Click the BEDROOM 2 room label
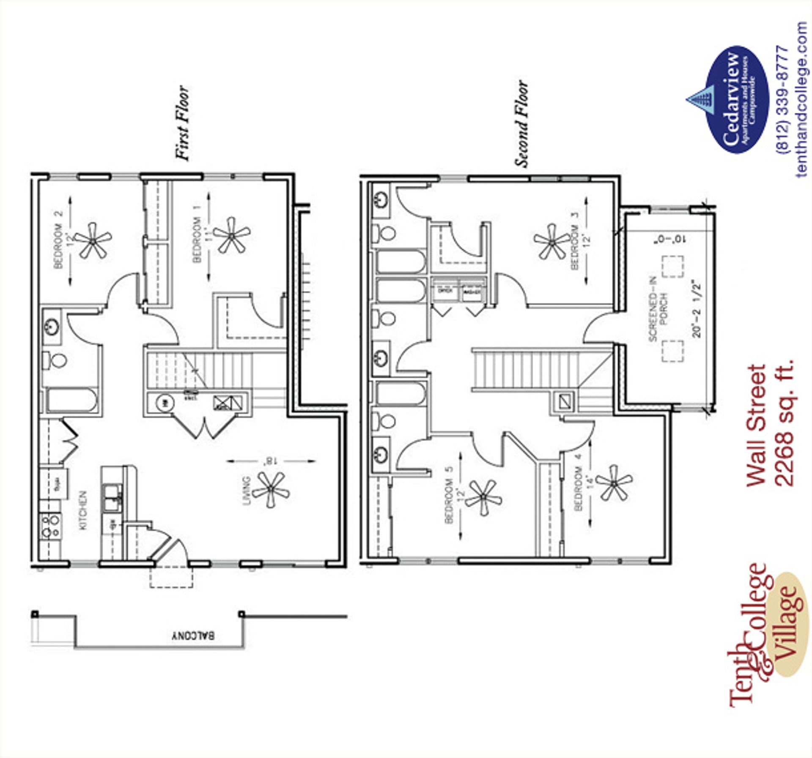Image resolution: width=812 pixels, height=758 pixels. coord(59,240)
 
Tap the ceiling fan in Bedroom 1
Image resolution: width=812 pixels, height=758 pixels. coord(231,235)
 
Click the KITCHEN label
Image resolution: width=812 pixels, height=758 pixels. coord(83,510)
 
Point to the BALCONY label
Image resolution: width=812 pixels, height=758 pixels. coord(193,635)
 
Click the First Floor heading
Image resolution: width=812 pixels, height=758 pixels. coord(182,123)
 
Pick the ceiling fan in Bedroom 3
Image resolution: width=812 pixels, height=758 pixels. coord(551,242)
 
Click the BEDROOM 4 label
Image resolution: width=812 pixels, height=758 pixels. coord(578,482)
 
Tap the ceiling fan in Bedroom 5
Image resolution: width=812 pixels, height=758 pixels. coord(483,497)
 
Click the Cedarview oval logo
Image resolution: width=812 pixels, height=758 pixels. coord(736,99)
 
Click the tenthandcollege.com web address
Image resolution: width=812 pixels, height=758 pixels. coord(802,99)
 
